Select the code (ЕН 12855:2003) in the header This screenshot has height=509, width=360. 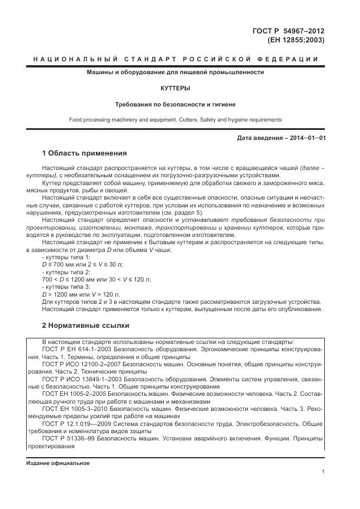[x=297, y=40]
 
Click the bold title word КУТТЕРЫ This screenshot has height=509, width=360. [x=175, y=88]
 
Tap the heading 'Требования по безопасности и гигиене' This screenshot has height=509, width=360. [x=175, y=104]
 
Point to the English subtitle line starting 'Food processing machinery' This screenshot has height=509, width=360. [x=175, y=119]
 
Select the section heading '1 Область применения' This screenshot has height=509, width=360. [x=85, y=153]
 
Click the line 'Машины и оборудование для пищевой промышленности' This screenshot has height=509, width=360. [x=175, y=72]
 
